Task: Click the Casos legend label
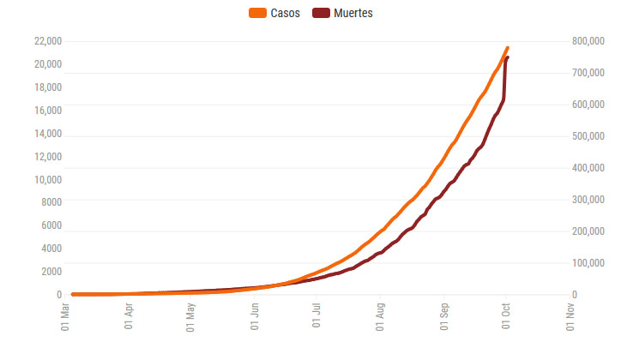click(285, 13)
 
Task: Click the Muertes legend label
click(353, 13)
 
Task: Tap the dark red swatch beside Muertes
click(320, 13)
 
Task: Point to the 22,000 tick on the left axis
click(47, 41)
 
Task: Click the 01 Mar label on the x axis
click(65, 319)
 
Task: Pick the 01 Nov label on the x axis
click(570, 319)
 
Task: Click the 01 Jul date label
click(317, 319)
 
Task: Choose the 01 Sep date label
click(443, 319)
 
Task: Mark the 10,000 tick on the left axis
click(47, 180)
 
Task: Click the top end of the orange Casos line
click(508, 48)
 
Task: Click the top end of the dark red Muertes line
click(508, 57)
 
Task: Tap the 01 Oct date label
click(506, 319)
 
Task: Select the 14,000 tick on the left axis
click(47, 134)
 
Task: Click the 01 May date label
click(191, 319)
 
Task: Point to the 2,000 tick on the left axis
click(50, 272)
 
